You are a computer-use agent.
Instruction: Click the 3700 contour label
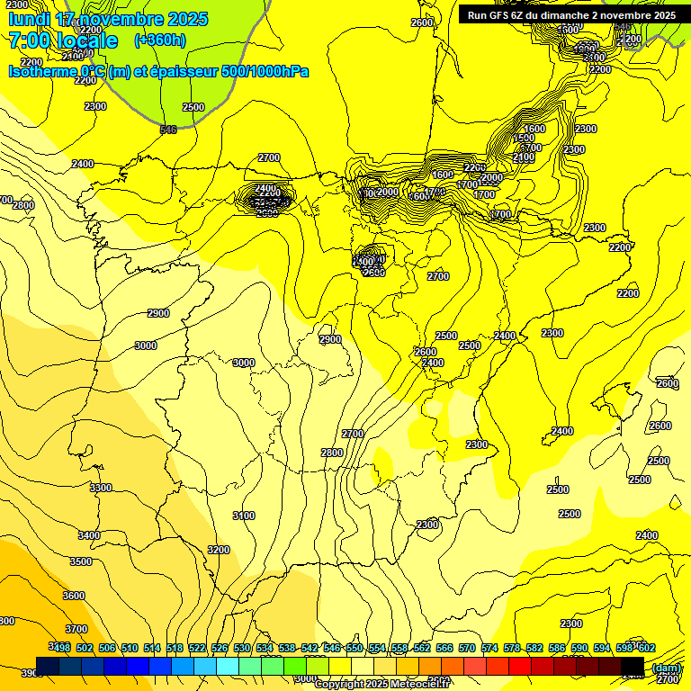(x=76, y=629)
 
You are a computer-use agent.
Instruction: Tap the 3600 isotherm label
(x=74, y=596)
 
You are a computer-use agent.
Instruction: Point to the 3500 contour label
(x=81, y=561)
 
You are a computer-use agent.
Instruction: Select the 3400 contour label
(x=89, y=535)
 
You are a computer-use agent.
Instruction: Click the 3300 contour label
(x=101, y=488)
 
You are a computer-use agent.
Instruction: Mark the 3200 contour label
(x=219, y=550)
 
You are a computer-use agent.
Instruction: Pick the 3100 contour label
(x=244, y=516)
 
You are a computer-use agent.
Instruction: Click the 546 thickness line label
(x=168, y=130)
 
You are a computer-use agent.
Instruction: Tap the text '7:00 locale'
(x=63, y=40)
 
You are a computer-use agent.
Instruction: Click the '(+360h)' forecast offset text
(x=160, y=40)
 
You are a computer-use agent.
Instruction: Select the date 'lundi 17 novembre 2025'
(x=108, y=19)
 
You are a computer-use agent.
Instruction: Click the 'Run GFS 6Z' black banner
(x=571, y=14)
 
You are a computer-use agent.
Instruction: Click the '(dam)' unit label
(x=666, y=668)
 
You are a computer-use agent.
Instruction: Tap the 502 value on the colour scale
(x=85, y=648)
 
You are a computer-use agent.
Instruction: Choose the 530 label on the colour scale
(x=242, y=648)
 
